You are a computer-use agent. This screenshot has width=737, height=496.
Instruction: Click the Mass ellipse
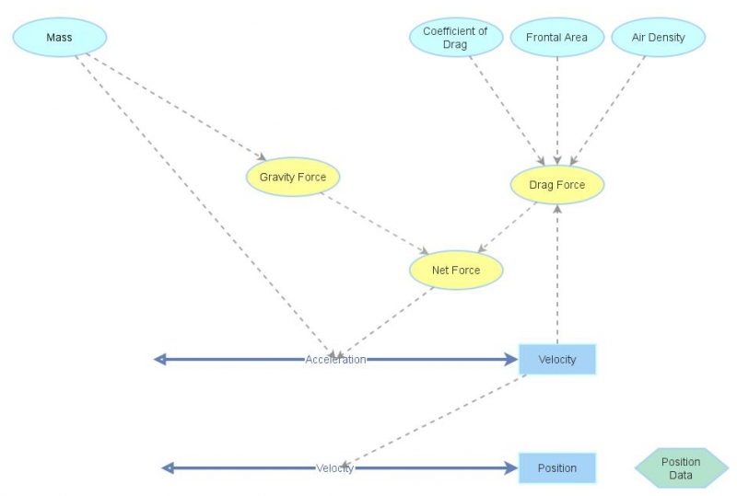60,38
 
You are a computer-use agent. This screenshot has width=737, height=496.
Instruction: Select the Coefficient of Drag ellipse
455,38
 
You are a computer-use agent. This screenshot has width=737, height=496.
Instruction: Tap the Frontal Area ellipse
557,38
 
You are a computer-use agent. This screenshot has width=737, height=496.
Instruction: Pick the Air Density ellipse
658,38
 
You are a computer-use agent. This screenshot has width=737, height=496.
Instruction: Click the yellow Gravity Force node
293,177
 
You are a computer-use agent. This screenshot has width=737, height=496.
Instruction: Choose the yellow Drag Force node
557,185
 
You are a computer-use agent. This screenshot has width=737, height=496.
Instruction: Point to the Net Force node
456,271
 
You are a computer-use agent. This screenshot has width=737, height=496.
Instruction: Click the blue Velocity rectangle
557,359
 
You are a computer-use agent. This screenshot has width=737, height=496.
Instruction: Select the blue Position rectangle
557,467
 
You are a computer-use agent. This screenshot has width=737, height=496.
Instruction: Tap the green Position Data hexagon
681,468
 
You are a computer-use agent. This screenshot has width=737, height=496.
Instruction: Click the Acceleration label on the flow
335,359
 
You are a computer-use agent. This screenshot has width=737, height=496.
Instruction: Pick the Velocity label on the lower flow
335,467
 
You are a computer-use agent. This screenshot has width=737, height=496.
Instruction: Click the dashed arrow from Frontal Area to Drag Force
557,110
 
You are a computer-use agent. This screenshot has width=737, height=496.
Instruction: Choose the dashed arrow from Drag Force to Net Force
506,228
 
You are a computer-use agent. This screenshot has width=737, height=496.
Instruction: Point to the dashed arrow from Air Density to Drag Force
608,110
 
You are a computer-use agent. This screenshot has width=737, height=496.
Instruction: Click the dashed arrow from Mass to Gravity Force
175,107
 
